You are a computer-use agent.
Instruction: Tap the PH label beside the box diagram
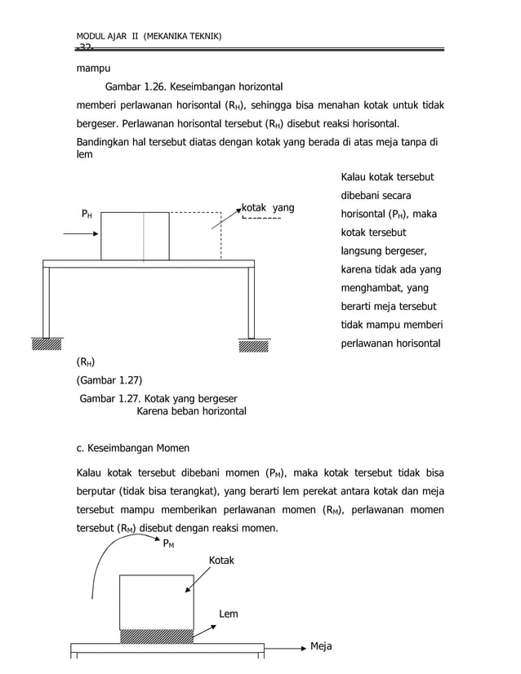[86, 214]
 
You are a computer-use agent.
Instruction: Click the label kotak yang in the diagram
[267, 208]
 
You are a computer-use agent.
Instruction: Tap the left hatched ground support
[47, 344]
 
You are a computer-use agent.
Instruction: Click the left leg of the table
[47, 301]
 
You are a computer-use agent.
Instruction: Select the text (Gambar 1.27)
[109, 379]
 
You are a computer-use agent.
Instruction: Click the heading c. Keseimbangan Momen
[132, 447]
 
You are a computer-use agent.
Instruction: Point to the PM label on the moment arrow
[168, 543]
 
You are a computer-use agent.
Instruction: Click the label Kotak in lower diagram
[221, 561]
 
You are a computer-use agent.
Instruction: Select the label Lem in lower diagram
[229, 614]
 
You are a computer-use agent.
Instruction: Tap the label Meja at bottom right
[321, 646]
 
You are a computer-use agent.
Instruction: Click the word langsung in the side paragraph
[364, 251]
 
